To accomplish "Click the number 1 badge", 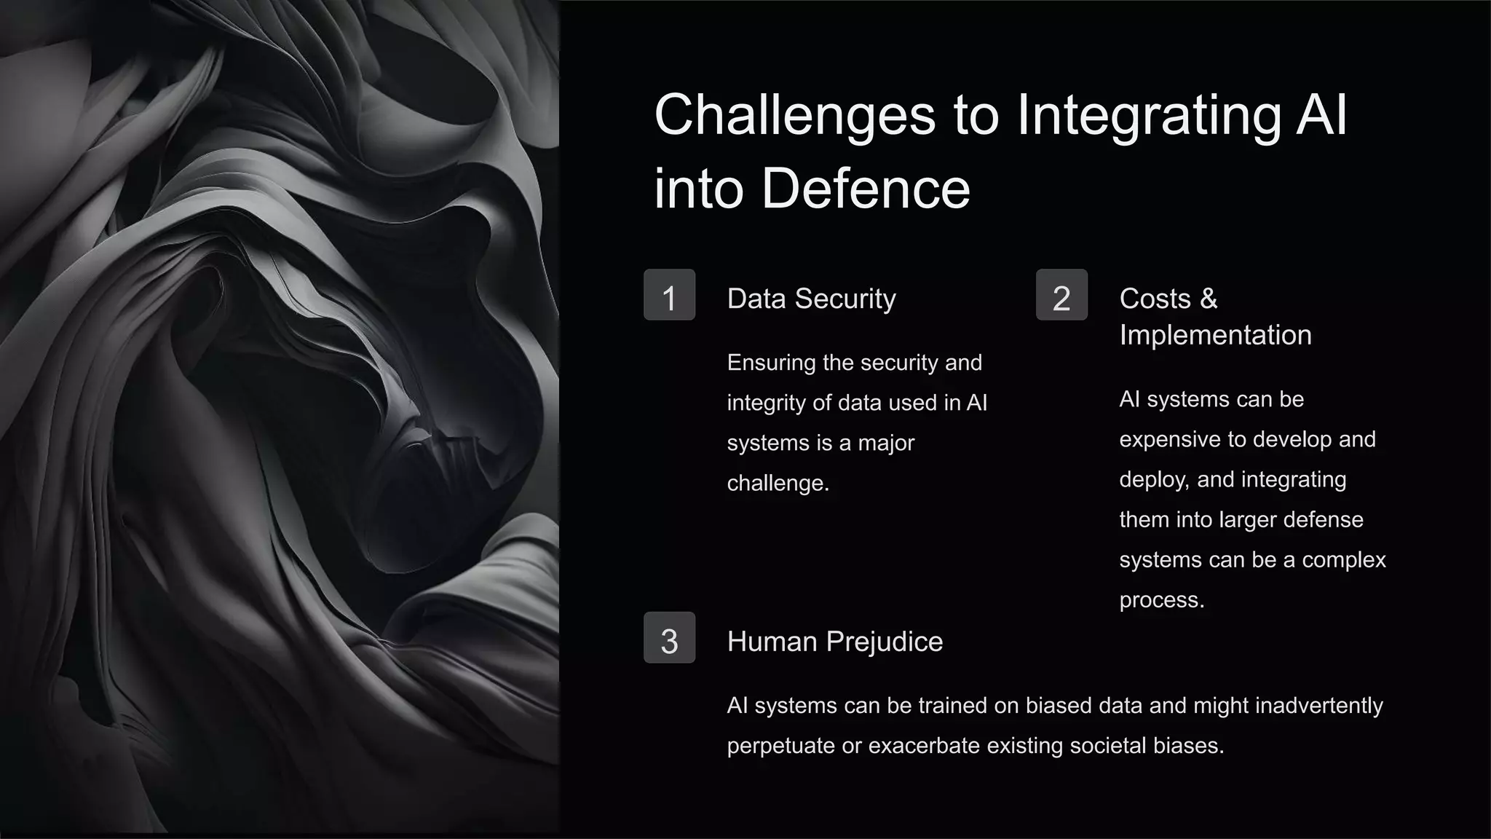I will [x=669, y=295].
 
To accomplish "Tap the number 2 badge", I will [x=1061, y=295].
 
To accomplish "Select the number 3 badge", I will [x=669, y=638].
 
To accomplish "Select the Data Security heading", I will [x=811, y=299].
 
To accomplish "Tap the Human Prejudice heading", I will [x=834, y=642].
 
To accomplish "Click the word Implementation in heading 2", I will [x=1215, y=335].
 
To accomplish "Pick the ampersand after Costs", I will [x=1209, y=299].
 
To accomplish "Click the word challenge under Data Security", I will [x=778, y=483].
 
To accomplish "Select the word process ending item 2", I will [x=1161, y=600].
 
